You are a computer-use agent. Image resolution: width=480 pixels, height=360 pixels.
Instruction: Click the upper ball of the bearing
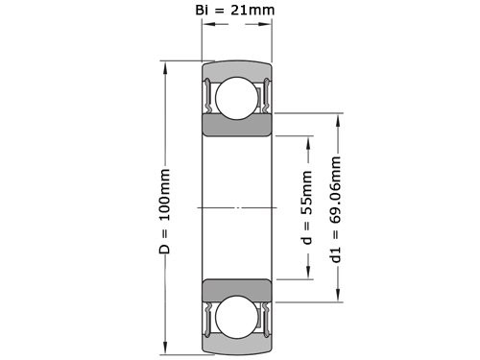click(x=236, y=97)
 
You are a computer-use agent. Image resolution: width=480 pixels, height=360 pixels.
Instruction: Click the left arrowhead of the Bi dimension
click(x=205, y=30)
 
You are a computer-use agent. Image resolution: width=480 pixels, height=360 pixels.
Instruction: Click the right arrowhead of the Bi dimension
click(x=266, y=30)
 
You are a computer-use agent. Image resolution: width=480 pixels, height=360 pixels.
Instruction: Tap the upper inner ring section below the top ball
click(x=236, y=127)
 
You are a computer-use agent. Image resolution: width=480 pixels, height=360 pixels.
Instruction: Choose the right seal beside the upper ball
click(x=266, y=95)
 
